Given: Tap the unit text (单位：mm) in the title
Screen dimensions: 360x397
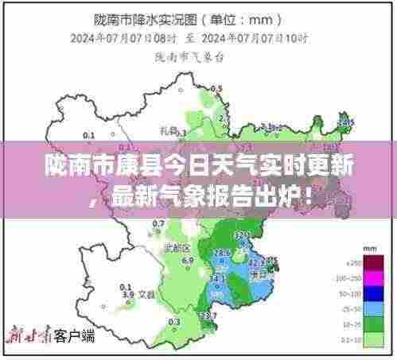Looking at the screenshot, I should tap(251, 17).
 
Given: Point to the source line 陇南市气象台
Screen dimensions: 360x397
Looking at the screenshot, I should tap(184, 56).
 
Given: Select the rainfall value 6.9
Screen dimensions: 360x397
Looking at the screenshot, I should tap(188, 260).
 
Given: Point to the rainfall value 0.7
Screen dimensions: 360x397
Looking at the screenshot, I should tap(158, 224).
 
